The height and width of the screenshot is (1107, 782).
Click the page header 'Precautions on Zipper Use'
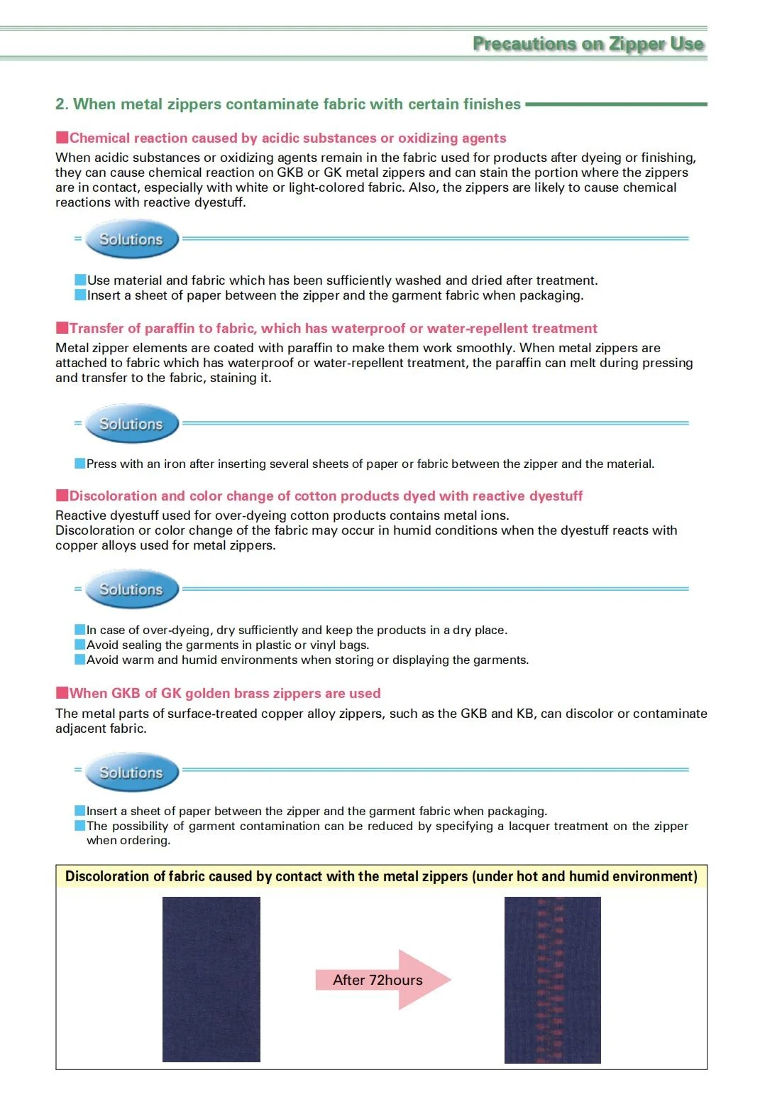coord(588,44)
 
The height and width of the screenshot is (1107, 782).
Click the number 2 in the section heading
coord(60,104)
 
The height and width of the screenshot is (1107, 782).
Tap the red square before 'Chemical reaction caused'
coord(62,137)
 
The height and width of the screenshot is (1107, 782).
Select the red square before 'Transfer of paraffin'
coord(62,327)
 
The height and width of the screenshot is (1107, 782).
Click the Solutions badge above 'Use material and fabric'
coord(131,239)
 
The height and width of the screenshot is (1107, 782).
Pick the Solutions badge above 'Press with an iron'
coord(131,424)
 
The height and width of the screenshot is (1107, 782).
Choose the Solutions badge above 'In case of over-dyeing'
coord(131,589)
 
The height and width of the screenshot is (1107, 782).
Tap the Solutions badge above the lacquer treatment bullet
coord(131,773)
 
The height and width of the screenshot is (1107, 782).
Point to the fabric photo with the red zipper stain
coord(552,980)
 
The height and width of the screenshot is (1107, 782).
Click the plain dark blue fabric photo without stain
coord(211,980)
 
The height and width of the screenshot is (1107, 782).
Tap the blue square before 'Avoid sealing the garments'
coord(80,645)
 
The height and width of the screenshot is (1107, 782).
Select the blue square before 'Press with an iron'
coord(80,464)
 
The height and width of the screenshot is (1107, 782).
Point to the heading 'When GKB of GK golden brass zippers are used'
coord(225,693)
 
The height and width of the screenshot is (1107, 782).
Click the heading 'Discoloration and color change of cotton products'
coord(326,496)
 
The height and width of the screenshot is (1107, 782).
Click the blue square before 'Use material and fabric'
coord(80,280)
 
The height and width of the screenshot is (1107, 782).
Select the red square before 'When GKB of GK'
coord(62,692)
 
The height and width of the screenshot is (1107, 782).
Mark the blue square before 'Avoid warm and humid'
coord(80,660)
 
